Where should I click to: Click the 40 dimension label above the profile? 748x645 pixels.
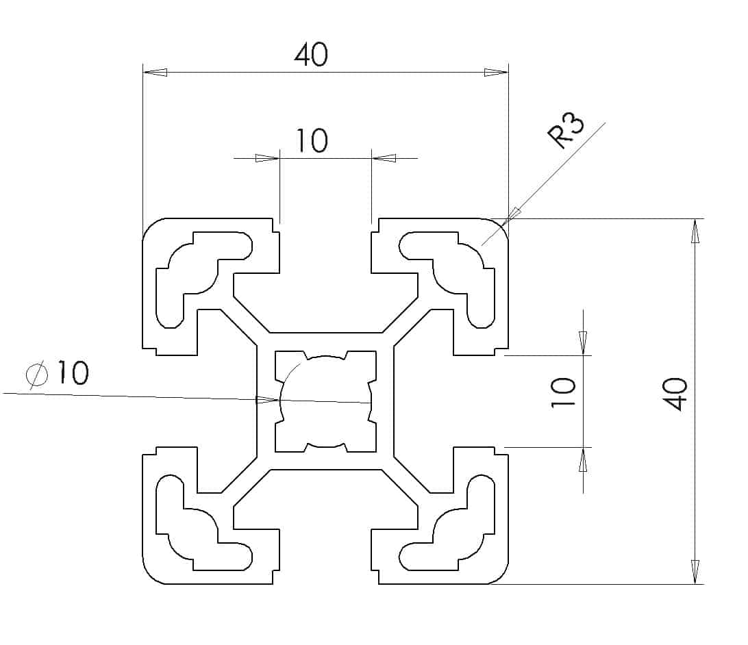pos(312,55)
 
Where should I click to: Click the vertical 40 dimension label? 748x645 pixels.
pos(677,394)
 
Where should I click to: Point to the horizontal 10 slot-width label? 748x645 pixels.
pos(312,140)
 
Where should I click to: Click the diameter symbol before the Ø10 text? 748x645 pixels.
pos(37,374)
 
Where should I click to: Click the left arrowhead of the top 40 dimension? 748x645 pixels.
pos(155,72)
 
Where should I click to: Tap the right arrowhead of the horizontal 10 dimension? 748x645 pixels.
pos(384,158)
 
